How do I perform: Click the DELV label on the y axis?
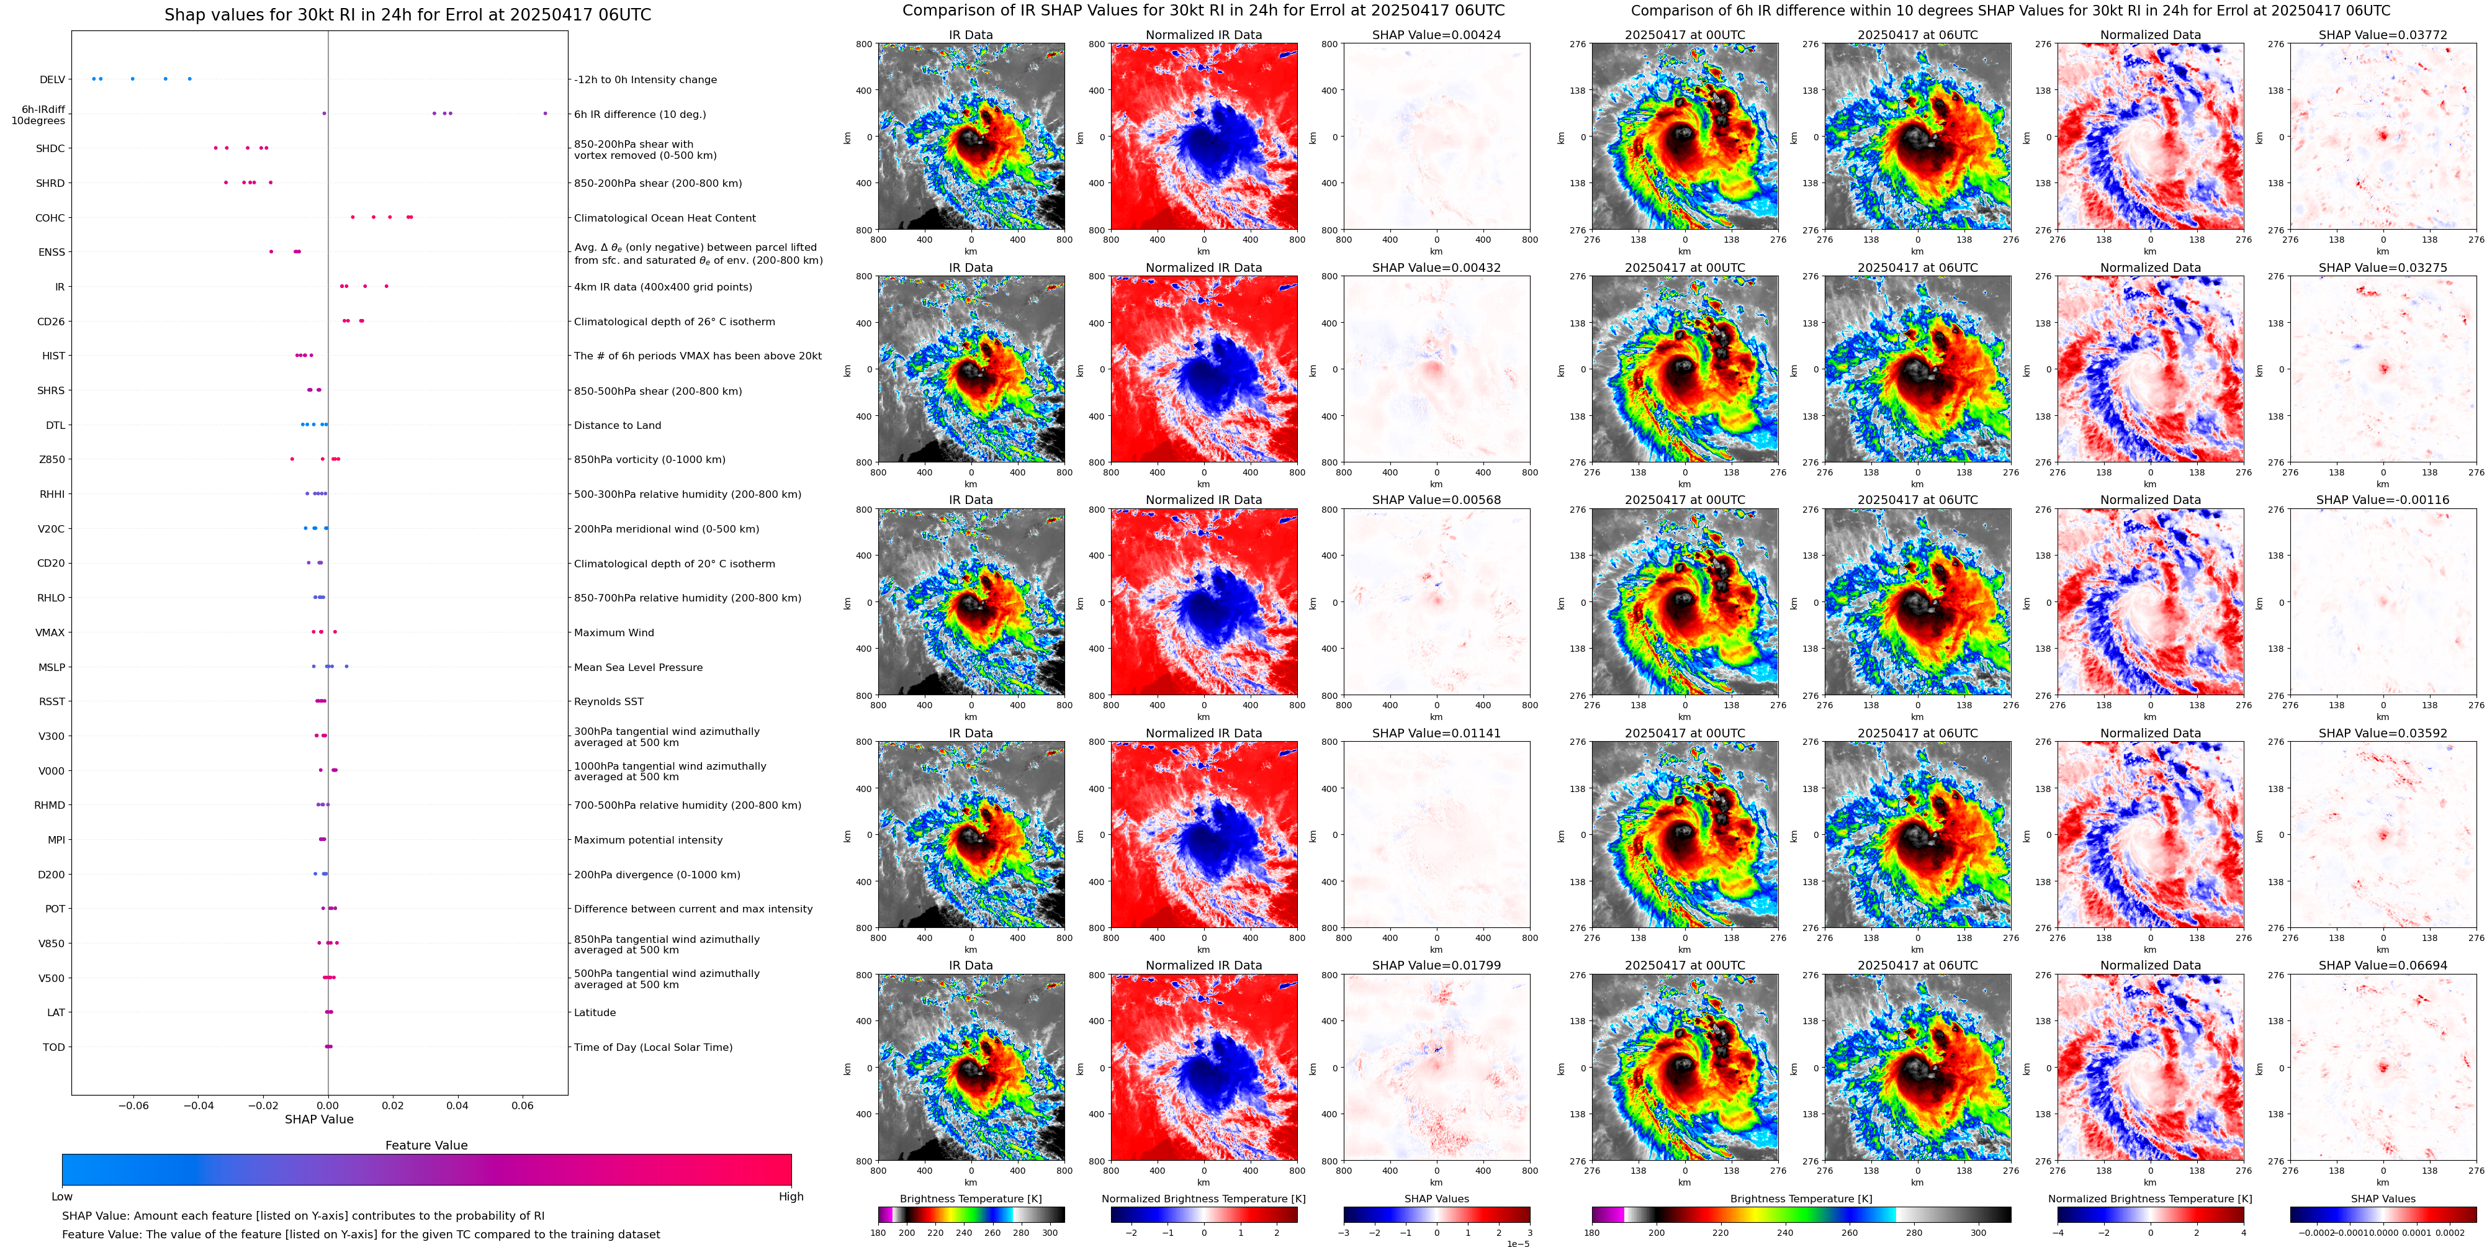point(52,80)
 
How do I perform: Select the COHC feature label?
point(50,218)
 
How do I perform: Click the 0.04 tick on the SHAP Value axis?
point(457,1105)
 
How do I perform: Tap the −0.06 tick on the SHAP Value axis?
point(133,1105)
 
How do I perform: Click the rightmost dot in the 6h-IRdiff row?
point(546,113)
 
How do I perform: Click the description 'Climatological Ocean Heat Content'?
point(665,218)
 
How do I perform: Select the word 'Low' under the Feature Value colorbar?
point(62,1197)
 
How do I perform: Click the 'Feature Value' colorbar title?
point(426,1145)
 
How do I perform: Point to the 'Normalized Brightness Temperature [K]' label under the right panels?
point(2149,1199)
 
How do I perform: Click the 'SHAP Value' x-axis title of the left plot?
point(319,1119)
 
